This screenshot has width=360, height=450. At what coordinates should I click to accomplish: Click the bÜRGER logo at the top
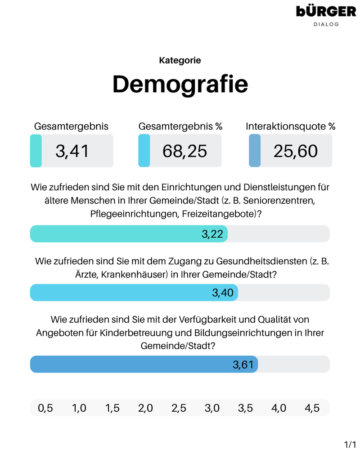click(x=326, y=11)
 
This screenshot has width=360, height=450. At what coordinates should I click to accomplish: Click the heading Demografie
click(x=180, y=84)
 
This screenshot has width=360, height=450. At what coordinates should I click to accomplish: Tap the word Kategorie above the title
click(x=180, y=60)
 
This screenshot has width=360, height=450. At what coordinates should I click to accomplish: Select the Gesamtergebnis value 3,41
click(x=72, y=151)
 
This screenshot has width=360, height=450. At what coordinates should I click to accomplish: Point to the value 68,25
click(x=184, y=151)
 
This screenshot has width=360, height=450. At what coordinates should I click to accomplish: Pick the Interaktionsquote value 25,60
click(x=295, y=151)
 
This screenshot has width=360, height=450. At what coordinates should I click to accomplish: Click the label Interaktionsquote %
click(x=290, y=127)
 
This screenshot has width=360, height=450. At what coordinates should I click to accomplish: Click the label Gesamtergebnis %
click(x=180, y=127)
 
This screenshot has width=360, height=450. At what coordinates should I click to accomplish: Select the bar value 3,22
click(x=212, y=234)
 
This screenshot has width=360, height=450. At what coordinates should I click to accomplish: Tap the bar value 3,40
click(x=223, y=293)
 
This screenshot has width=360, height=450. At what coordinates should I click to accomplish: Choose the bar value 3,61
click(x=243, y=364)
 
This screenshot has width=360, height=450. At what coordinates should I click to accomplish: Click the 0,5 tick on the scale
click(x=45, y=408)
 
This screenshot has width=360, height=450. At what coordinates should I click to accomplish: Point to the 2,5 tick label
click(x=179, y=408)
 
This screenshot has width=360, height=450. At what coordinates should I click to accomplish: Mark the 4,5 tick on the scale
click(x=312, y=408)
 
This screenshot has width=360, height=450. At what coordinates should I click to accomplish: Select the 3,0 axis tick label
click(x=212, y=408)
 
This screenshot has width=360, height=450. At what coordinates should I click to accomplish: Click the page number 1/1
click(x=350, y=445)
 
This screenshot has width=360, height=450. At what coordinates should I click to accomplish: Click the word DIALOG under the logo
click(x=326, y=24)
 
